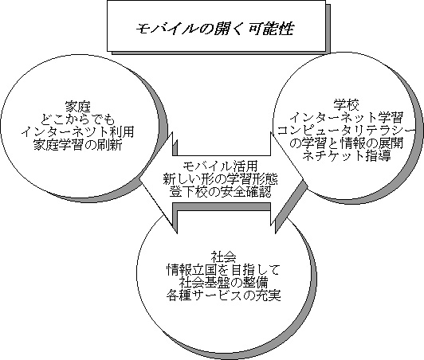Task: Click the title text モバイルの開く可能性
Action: (214, 29)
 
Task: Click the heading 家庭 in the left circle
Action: (78, 107)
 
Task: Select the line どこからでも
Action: (78, 119)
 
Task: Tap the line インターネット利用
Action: (78, 132)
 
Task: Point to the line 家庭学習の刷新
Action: (78, 145)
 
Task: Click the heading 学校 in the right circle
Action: (346, 104)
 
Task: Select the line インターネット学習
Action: (346, 117)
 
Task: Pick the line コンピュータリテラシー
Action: (346, 130)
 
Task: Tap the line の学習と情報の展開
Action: (346, 143)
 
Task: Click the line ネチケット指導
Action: (346, 155)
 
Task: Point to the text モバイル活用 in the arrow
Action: (220, 166)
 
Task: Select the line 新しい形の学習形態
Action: (220, 179)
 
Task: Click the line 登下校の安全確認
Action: (220, 192)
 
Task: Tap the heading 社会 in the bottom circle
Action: (223, 257)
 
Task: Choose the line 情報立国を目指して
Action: (223, 270)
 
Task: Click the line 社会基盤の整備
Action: (223, 283)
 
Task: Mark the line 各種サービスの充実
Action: (223, 295)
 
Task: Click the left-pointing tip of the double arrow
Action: (139, 180)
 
